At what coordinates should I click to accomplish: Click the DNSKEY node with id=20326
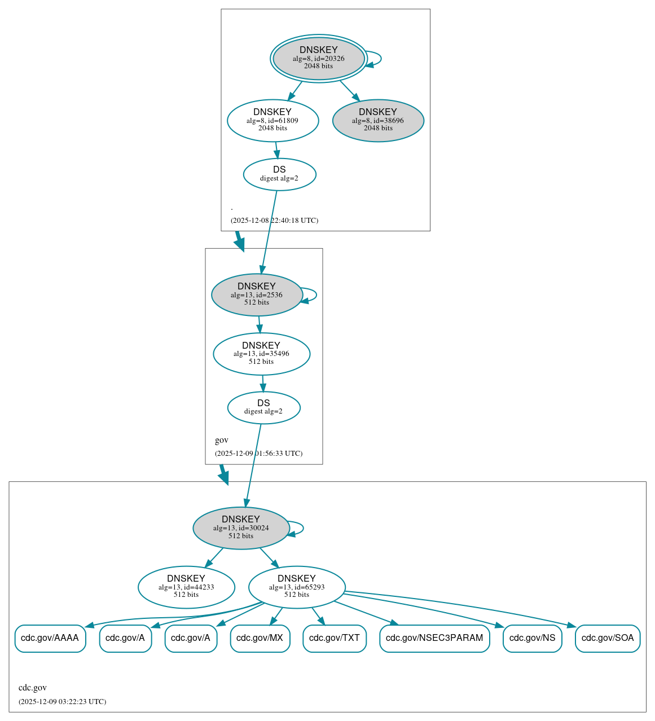(x=319, y=58)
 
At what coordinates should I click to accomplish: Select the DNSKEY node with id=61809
(x=272, y=120)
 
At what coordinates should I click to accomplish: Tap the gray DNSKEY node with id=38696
(x=378, y=120)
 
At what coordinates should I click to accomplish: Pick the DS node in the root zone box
(x=279, y=174)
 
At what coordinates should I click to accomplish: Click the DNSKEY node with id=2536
(x=257, y=294)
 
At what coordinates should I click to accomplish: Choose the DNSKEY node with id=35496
(x=261, y=354)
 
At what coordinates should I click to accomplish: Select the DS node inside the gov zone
(x=263, y=407)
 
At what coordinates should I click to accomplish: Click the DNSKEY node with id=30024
(x=241, y=528)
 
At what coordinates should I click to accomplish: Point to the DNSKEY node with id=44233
(x=186, y=587)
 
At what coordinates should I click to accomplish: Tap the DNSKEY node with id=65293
(x=297, y=587)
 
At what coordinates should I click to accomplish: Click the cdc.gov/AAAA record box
(x=50, y=638)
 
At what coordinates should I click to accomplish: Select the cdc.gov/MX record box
(x=260, y=638)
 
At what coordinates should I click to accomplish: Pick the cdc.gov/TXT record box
(x=335, y=638)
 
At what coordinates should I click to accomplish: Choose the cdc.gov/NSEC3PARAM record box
(x=434, y=638)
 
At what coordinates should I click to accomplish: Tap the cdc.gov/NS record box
(x=532, y=638)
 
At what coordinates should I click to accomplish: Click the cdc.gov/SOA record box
(x=608, y=638)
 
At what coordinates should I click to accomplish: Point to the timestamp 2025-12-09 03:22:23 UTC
(x=62, y=702)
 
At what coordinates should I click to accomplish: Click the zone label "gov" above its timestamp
(x=222, y=440)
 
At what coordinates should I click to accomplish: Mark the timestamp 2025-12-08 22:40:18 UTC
(x=274, y=221)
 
